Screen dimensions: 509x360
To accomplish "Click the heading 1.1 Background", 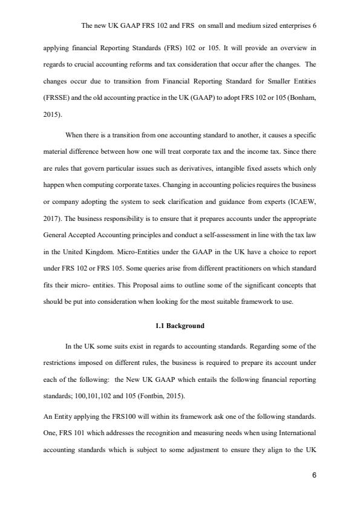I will pos(180,326).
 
